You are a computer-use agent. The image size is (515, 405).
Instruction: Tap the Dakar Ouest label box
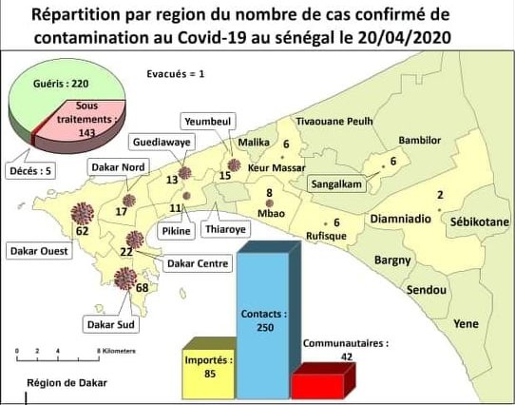click(35, 252)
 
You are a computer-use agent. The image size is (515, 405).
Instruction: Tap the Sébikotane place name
click(480, 221)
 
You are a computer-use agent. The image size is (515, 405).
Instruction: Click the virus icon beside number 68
click(124, 279)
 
